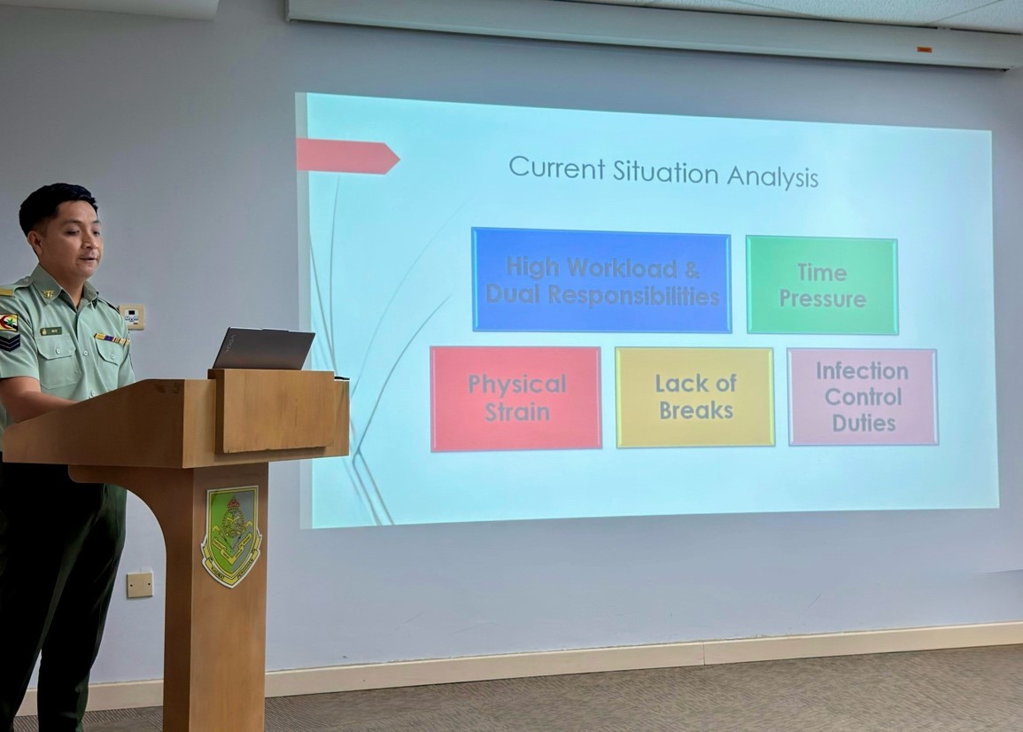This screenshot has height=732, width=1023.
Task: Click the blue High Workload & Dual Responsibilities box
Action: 601,280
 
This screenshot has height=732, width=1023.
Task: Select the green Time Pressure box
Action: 822,285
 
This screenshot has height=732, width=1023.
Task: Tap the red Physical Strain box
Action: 515,398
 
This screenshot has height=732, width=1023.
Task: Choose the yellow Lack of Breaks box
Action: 694,397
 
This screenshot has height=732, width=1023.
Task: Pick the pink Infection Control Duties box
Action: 863,397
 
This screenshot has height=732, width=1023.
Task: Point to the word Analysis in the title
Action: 772,177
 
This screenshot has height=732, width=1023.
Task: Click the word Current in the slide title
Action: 556,167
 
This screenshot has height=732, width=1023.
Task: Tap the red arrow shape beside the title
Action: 348,157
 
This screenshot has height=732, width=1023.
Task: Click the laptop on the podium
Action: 263,348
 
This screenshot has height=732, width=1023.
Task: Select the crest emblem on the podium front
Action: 231,536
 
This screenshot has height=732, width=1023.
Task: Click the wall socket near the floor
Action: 140,584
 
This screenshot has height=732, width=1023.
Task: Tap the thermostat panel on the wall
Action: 131,316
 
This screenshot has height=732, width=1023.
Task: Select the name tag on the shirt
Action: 50,331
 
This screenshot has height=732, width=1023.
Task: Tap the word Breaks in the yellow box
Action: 695,410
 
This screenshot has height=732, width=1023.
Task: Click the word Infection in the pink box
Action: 862,371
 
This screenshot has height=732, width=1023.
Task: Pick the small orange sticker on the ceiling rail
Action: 925,50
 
